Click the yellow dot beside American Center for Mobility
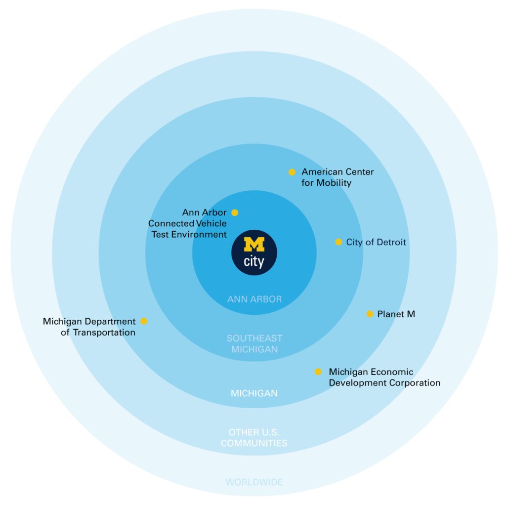[x=292, y=172]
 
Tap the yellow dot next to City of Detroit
[x=338, y=242]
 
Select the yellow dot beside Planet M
[x=370, y=314]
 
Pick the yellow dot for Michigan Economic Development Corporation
[x=318, y=372]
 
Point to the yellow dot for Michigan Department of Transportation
[x=144, y=321]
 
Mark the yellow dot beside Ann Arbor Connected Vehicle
[x=235, y=212]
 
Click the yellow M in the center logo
[x=254, y=245]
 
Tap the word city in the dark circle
[x=254, y=261]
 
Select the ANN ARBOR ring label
[x=254, y=299]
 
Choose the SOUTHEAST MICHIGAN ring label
[x=254, y=344]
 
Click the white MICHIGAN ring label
[x=254, y=393]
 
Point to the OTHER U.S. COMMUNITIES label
[x=254, y=438]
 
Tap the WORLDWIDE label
[x=254, y=482]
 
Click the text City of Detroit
[x=376, y=242]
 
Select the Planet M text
[x=396, y=314]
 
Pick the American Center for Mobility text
[x=337, y=177]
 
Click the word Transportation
[x=104, y=333]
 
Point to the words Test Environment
[x=189, y=235]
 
